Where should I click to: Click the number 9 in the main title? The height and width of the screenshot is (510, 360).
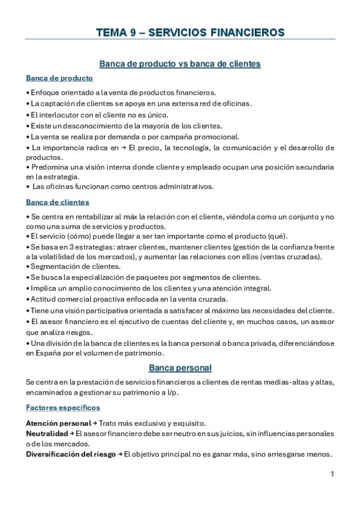click(x=132, y=32)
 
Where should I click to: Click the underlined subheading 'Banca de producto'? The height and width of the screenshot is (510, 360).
click(x=59, y=78)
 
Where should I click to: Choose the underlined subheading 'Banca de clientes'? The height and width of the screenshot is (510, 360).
click(x=57, y=202)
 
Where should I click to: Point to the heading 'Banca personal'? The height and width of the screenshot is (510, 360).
click(x=180, y=367)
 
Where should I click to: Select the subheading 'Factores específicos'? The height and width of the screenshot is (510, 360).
click(x=63, y=408)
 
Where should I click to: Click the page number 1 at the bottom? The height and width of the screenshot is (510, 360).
click(x=332, y=475)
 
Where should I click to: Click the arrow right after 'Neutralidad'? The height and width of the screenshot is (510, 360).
click(x=72, y=433)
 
